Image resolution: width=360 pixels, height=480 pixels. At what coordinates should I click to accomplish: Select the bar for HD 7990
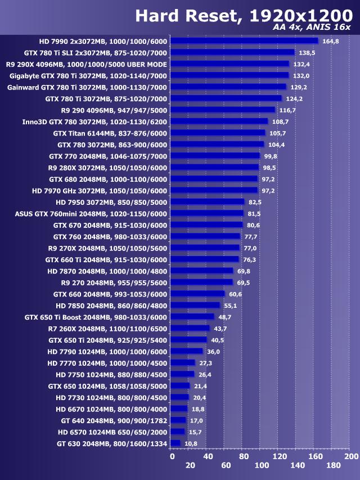tap(244, 41)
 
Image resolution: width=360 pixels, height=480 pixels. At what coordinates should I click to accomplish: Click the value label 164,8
tap(330, 41)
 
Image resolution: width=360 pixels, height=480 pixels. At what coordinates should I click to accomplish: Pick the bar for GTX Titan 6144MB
tap(218, 133)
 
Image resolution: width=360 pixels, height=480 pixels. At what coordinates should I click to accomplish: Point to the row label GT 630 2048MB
tap(112, 443)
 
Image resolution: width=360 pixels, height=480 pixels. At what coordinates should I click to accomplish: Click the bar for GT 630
tap(175, 443)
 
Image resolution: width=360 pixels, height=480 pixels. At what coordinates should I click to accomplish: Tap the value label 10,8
tap(192, 443)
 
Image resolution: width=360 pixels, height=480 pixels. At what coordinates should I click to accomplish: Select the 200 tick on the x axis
tap(351, 456)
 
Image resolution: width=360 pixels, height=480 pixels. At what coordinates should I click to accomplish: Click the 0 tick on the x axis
tap(172, 456)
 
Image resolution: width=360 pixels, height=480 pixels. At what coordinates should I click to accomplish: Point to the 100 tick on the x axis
tap(262, 465)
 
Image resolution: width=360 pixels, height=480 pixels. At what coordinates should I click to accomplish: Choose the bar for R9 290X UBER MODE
tap(229, 64)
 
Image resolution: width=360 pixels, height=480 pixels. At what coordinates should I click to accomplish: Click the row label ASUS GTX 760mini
tap(91, 213)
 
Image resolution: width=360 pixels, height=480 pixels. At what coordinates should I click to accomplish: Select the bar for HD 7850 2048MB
tap(195, 305)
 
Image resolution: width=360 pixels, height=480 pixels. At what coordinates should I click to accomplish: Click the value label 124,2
tap(294, 98)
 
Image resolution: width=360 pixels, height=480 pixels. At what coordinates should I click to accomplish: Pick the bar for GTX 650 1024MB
tap(180, 385)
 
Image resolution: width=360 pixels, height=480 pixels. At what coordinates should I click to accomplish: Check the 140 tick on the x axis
tap(298, 465)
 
